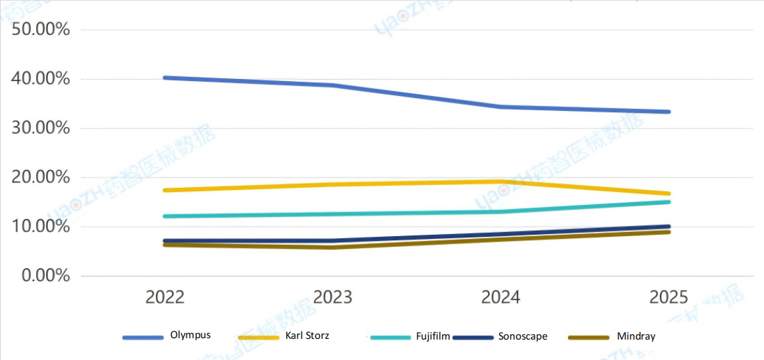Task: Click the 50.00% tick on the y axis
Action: pyautogui.click(x=41, y=30)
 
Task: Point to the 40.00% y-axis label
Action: pyautogui.click(x=41, y=79)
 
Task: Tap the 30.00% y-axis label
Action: pyautogui.click(x=41, y=128)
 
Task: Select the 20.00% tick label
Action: pyautogui.click(x=41, y=178)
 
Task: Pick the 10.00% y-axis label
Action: pyautogui.click(x=41, y=227)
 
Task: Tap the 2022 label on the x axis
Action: pyautogui.click(x=165, y=297)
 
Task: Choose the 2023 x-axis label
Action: pyautogui.click(x=333, y=297)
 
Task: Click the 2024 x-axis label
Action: pyautogui.click(x=500, y=297)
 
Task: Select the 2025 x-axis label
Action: pyautogui.click(x=669, y=297)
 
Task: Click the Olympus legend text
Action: pyautogui.click(x=191, y=335)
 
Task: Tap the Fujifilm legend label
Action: pyautogui.click(x=432, y=336)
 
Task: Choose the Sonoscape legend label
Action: pyautogui.click(x=522, y=336)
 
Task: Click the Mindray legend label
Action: pyautogui.click(x=636, y=336)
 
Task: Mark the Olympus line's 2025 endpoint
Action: pyautogui.click(x=669, y=112)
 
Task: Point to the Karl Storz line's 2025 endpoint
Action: pyautogui.click(x=669, y=193)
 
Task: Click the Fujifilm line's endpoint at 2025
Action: pyautogui.click(x=669, y=201)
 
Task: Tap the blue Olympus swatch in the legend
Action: pyautogui.click(x=143, y=337)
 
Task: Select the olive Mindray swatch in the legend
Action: pyautogui.click(x=588, y=337)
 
